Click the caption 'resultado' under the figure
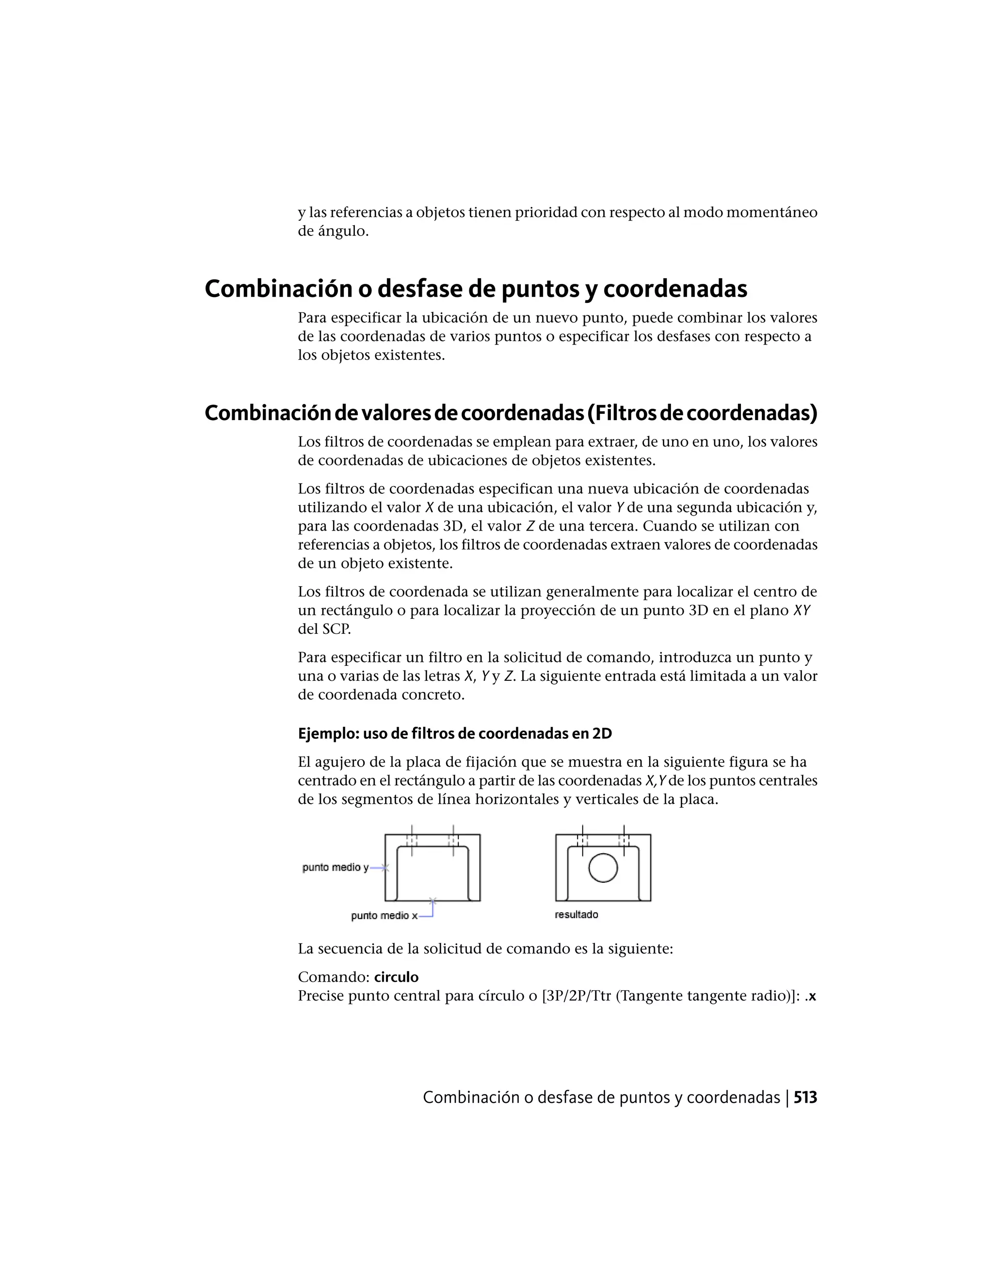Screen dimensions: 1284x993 pyautogui.click(x=576, y=915)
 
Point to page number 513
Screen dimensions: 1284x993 pyautogui.click(x=805, y=1097)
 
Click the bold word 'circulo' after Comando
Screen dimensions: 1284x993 pyautogui.click(x=396, y=977)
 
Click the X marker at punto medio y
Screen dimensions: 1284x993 pyautogui.click(x=385, y=867)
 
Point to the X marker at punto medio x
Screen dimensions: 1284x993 pyautogui.click(x=432, y=901)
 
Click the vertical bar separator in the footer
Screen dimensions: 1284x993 pyautogui.click(x=786, y=1097)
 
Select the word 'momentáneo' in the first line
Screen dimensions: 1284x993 pyautogui.click(x=772, y=212)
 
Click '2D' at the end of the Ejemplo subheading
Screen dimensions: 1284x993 pyautogui.click(x=602, y=734)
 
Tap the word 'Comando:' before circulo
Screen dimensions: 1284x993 pyautogui.click(x=333, y=977)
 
